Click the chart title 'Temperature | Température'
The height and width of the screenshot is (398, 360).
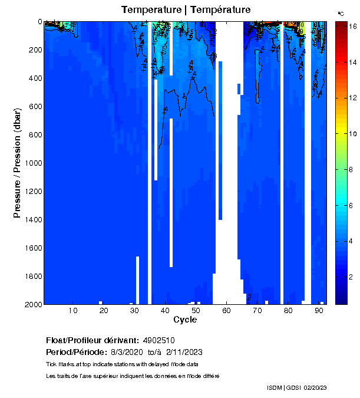coord(186,10)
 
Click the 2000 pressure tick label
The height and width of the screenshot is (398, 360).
coord(32,304)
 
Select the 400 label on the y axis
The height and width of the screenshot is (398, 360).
coord(35,78)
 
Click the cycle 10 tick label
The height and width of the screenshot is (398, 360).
coord(73,311)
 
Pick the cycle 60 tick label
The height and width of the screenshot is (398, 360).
coord(226,311)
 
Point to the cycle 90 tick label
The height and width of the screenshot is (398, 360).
coord(319,311)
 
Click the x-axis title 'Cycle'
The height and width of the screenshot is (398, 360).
coord(185,320)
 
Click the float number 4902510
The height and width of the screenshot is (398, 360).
coord(158,341)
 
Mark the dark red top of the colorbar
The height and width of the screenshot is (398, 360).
coord(341,25)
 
